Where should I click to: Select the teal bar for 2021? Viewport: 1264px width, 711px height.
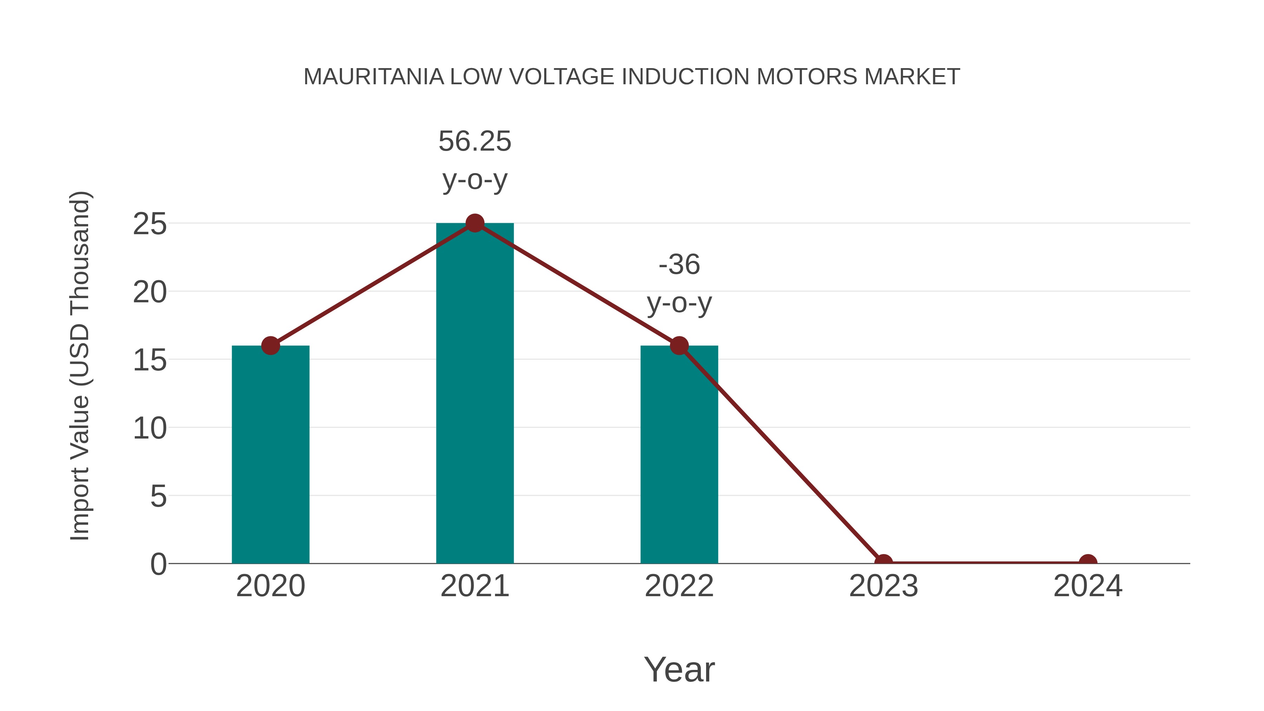[474, 393]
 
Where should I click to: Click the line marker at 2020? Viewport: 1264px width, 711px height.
[270, 345]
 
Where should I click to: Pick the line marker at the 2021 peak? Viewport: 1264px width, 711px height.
[474, 223]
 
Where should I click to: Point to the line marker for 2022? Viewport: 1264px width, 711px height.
[679, 345]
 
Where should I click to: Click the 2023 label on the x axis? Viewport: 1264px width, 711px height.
[883, 586]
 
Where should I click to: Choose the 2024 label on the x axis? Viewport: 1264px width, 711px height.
[1088, 586]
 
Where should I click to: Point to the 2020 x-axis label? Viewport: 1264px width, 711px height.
[270, 586]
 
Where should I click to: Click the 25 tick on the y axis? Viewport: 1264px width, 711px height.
[150, 225]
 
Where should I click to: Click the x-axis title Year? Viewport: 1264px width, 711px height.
[679, 670]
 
